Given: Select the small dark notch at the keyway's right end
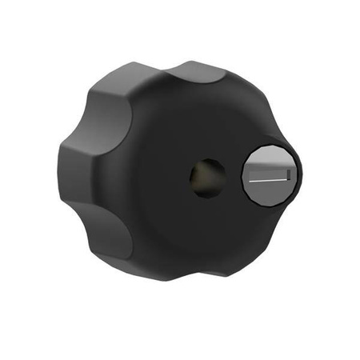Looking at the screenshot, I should coord(286,175).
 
